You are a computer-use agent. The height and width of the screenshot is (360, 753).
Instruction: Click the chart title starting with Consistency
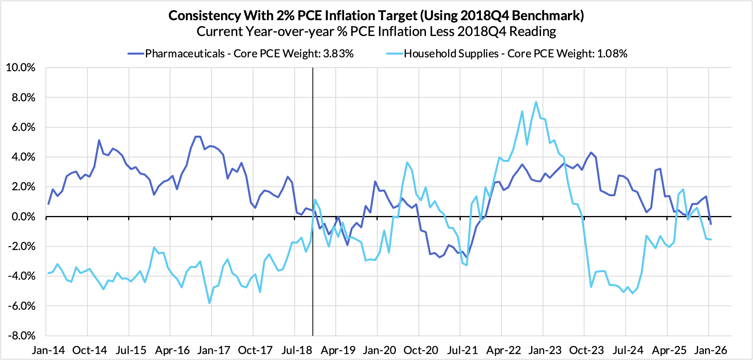(376, 15)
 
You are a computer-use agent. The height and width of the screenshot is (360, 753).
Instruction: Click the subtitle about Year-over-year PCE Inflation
(376, 31)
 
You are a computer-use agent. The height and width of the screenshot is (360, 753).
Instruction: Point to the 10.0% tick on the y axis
(21, 68)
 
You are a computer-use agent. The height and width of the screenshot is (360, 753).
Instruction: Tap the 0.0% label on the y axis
(23, 217)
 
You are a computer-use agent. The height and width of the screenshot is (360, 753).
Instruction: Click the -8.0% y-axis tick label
(22, 336)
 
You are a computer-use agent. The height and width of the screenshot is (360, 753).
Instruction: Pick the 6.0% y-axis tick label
(23, 127)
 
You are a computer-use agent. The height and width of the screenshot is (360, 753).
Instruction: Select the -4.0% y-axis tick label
(22, 276)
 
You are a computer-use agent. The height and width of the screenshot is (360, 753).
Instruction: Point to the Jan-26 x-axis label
(711, 350)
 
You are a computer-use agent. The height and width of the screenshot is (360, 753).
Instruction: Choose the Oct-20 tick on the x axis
(421, 350)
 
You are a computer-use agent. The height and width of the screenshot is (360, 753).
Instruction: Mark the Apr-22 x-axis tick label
(503, 350)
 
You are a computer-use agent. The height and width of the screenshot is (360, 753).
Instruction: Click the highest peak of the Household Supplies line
(536, 102)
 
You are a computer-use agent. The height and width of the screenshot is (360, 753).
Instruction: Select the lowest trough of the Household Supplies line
(209, 303)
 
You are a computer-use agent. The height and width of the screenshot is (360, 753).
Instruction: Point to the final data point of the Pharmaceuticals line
(711, 224)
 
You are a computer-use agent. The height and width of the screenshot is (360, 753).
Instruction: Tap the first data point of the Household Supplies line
(48, 273)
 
